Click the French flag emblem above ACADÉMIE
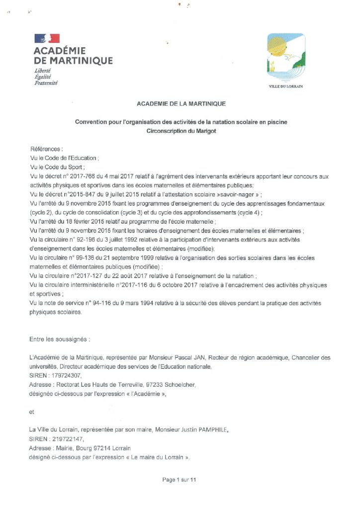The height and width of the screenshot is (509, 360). pos(47,38)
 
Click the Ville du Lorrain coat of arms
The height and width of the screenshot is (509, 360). pos(285,57)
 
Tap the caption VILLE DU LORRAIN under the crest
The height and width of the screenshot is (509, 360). pos(285,86)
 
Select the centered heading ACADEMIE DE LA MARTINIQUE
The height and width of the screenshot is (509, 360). pos(181,104)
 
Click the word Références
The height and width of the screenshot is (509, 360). pos(47,149)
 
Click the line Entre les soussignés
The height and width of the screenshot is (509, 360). pos(60,339)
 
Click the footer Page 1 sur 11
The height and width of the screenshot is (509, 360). pos(180,480)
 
